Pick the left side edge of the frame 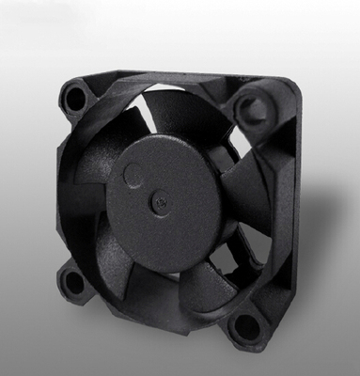(60, 188)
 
